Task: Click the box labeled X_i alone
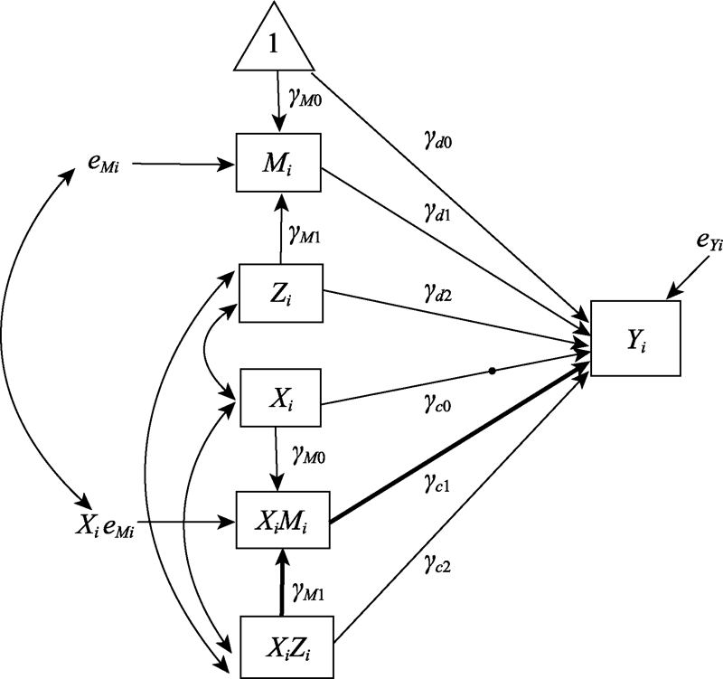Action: click(279, 395)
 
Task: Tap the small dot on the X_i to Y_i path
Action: click(491, 371)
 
